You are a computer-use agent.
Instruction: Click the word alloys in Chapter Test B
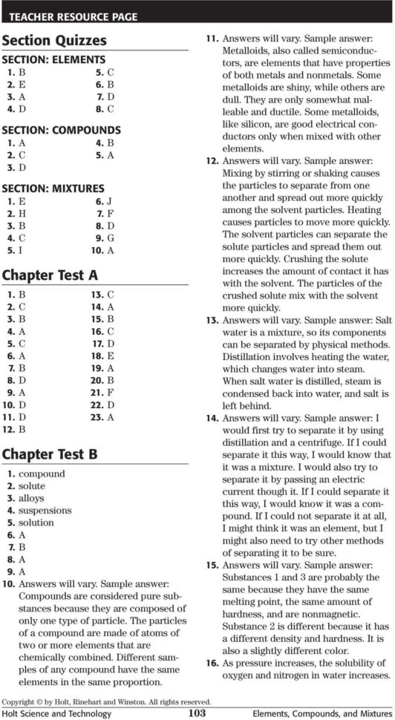pos(33,498)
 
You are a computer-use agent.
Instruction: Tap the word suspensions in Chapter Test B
pos(45,511)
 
